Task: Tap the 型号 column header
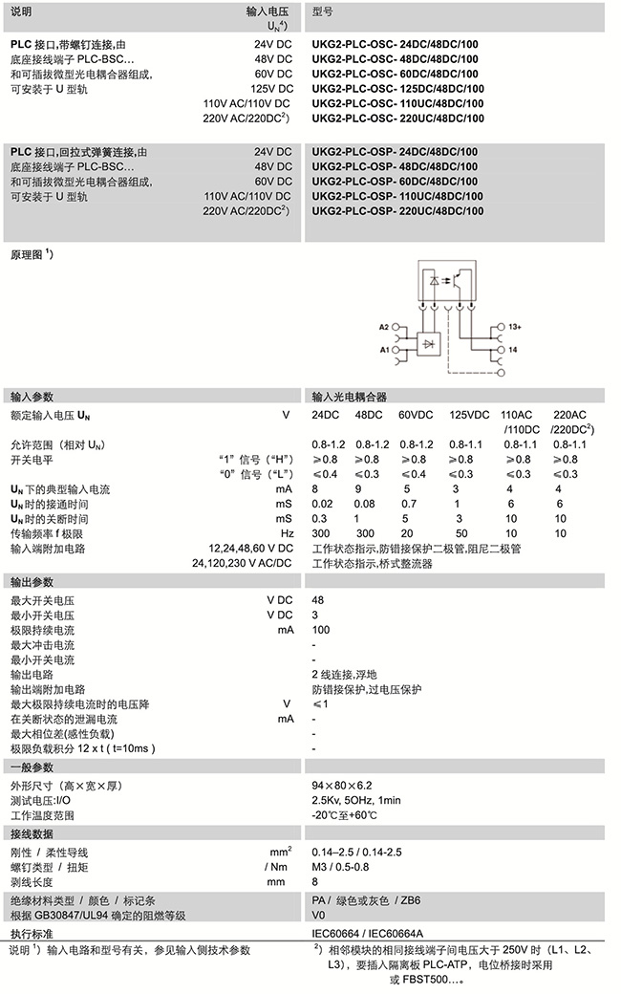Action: point(323,11)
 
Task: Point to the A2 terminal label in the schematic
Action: point(385,328)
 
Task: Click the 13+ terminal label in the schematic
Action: point(514,328)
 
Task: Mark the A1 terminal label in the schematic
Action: point(385,351)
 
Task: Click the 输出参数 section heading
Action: point(32,582)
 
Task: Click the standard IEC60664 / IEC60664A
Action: point(367,932)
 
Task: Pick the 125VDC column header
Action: point(469,415)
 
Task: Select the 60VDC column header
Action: point(416,415)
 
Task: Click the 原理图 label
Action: point(31,257)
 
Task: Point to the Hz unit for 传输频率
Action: point(286,533)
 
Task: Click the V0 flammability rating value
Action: point(318,915)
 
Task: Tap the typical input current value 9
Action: point(358,489)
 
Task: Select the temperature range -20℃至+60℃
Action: point(345,815)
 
